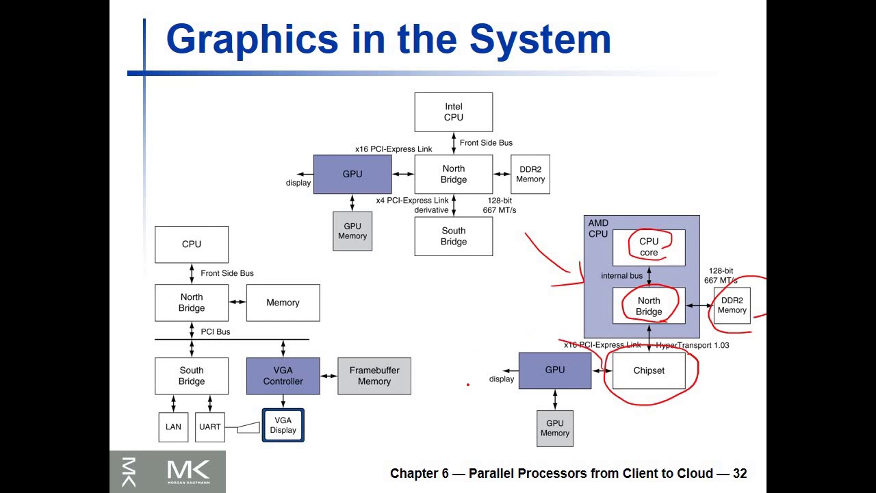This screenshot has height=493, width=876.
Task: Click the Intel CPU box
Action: click(x=453, y=112)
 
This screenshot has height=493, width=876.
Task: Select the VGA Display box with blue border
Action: click(x=283, y=425)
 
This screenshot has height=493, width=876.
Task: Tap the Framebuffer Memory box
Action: click(x=374, y=376)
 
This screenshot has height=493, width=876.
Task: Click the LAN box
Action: click(x=173, y=427)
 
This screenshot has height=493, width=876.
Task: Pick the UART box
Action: click(x=210, y=427)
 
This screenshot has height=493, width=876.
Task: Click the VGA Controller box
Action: click(x=283, y=376)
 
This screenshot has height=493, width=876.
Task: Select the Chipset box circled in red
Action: click(x=649, y=370)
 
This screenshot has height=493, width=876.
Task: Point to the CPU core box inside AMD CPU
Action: click(x=649, y=247)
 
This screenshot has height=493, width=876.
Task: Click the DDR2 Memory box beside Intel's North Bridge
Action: click(x=530, y=174)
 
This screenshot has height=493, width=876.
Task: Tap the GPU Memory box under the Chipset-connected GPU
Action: click(x=555, y=428)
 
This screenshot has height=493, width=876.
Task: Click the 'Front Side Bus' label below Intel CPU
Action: click(x=486, y=142)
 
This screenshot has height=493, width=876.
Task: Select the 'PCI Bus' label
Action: click(x=216, y=331)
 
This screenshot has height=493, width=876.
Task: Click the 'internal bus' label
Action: click(x=621, y=275)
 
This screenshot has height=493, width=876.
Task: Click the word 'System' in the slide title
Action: click(x=540, y=39)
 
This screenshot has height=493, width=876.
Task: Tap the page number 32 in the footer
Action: click(x=740, y=473)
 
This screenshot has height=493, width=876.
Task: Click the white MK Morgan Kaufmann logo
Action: click(x=188, y=472)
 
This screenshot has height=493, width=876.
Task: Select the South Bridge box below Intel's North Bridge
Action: click(x=453, y=236)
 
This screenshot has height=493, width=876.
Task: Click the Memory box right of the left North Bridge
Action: click(x=283, y=303)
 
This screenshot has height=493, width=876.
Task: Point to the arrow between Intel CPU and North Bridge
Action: click(x=454, y=143)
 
